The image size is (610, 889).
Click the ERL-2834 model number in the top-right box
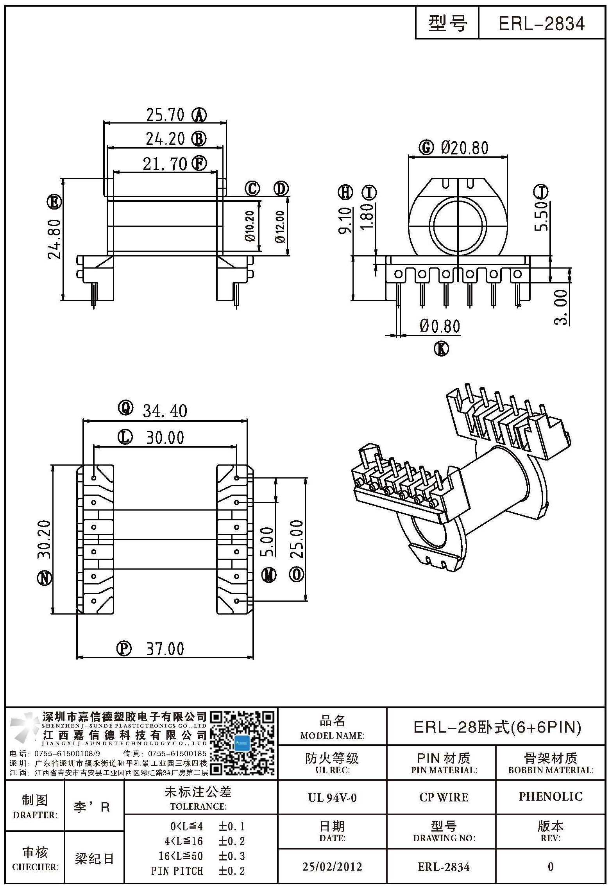click(541, 23)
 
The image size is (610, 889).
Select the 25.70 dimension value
click(165, 115)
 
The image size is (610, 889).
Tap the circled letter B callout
click(199, 139)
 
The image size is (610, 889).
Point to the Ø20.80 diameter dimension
click(465, 148)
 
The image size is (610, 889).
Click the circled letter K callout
click(442, 348)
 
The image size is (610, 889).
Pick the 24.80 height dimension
click(55, 238)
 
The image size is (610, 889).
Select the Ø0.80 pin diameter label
click(440, 326)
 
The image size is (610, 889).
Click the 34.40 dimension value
click(165, 411)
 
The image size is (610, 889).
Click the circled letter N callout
click(45, 578)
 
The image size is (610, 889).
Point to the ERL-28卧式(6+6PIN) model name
click(497, 727)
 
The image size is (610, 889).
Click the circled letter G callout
click(426, 147)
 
